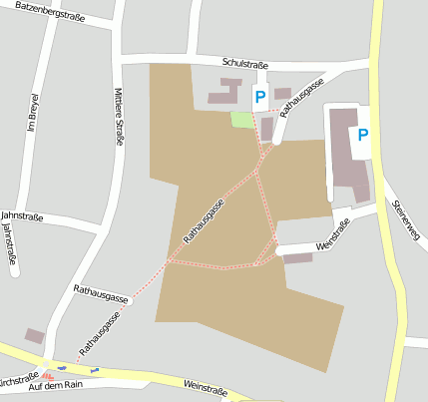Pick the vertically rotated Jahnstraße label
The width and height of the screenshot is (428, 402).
[10, 242]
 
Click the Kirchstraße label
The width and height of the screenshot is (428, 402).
[17, 380]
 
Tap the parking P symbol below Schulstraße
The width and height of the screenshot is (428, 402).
[260, 97]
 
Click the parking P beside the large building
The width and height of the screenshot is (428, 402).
[363, 135]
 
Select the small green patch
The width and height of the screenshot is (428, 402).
[241, 120]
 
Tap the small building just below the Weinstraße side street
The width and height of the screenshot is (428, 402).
[297, 258]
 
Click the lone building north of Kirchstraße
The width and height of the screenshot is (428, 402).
[35, 336]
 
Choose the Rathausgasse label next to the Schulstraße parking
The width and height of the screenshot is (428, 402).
[303, 98]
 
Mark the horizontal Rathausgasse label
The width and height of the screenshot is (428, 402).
[102, 295]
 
